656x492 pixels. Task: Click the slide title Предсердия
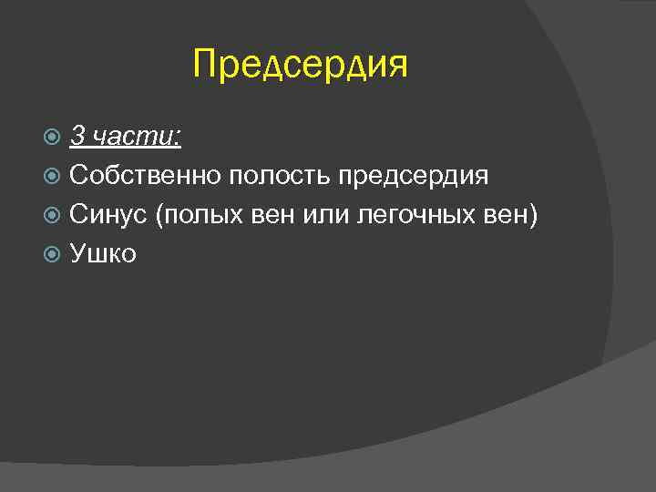301,66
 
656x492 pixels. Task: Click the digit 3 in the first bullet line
77,137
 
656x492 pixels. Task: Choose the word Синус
108,215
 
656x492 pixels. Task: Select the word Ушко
102,254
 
